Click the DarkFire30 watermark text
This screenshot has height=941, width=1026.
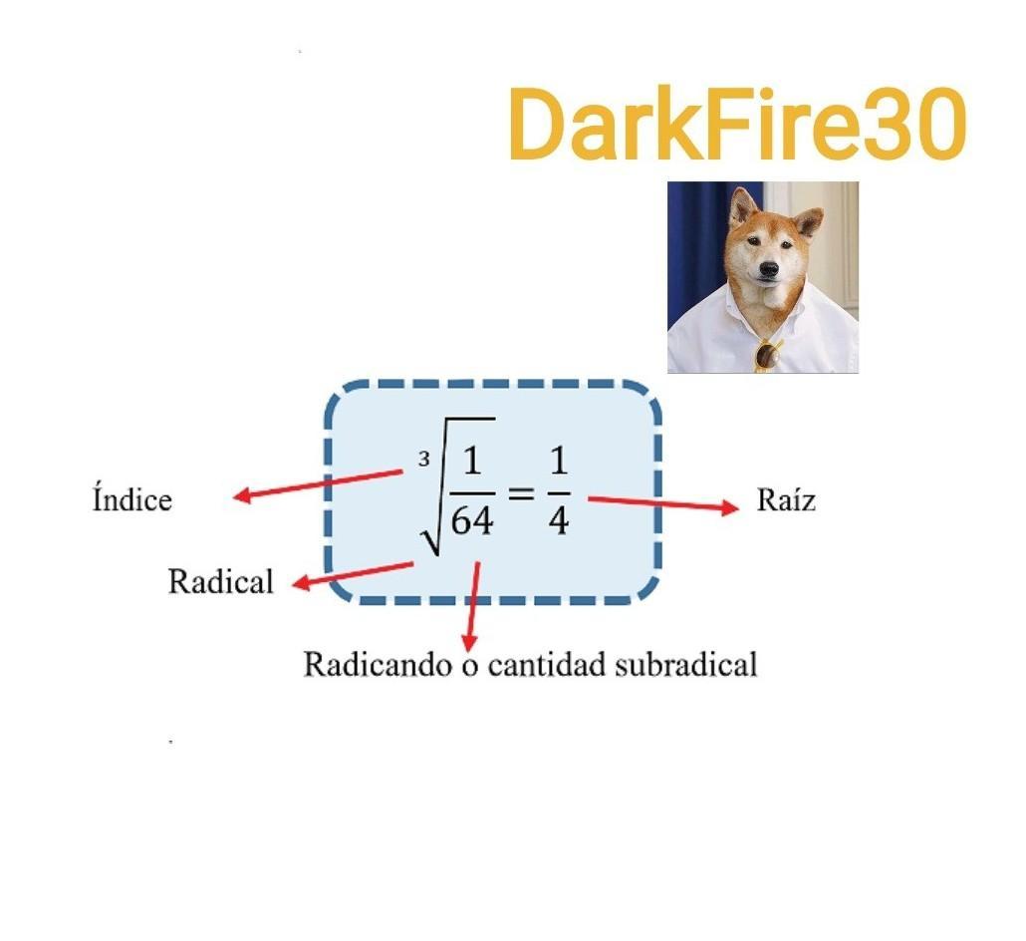click(737, 125)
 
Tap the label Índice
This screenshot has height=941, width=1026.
click(131, 498)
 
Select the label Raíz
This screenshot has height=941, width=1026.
click(786, 499)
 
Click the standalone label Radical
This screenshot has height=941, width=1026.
click(220, 581)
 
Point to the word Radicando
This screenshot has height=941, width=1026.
click(378, 664)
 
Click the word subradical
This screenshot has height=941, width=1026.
click(686, 664)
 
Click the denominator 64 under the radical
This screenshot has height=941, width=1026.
click(472, 519)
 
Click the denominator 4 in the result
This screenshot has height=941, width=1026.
click(559, 519)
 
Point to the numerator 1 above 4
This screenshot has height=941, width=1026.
click(559, 464)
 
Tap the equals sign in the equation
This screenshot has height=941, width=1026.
click(522, 491)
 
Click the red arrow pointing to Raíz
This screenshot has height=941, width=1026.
click(662, 502)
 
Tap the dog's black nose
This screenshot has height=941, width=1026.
click(767, 269)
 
